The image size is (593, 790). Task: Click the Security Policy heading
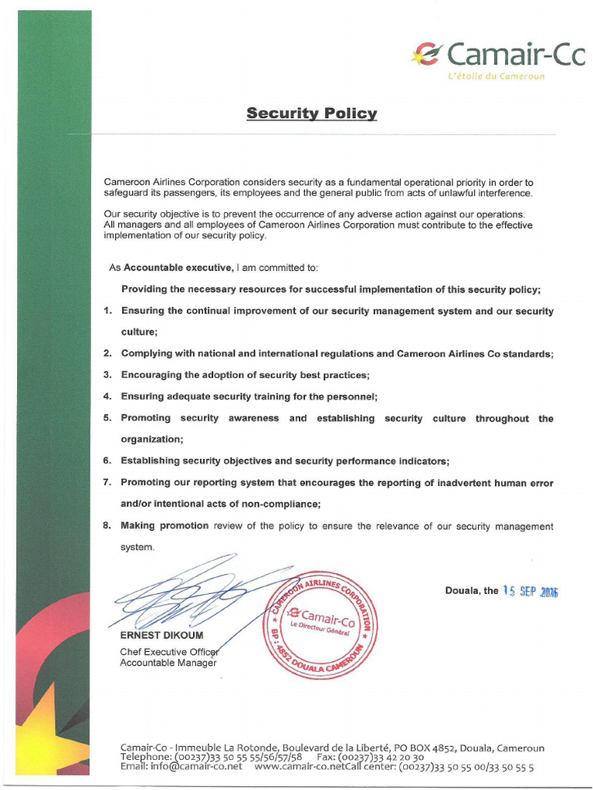tap(311, 114)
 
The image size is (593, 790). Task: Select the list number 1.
tap(107, 311)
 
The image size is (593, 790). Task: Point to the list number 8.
tap(107, 526)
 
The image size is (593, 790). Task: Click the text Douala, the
tap(472, 591)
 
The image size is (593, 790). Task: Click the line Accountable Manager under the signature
tap(168, 663)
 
